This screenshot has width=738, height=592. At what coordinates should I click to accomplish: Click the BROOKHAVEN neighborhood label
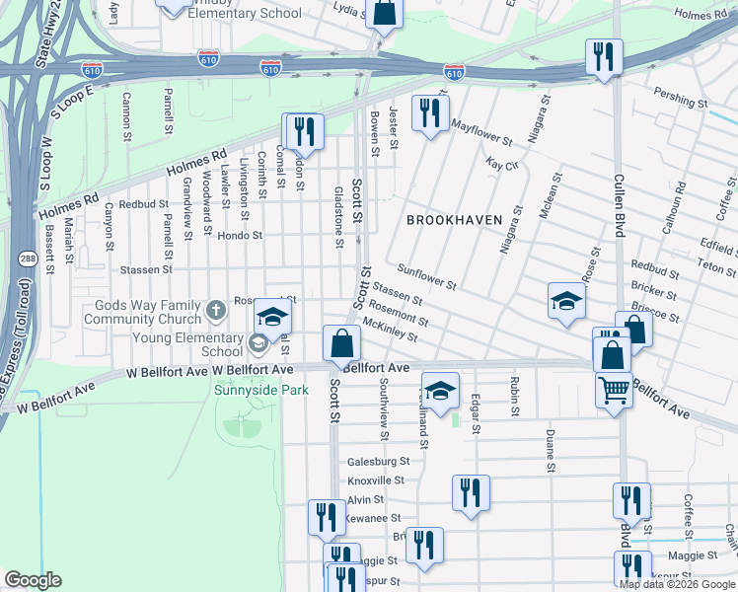click(455, 219)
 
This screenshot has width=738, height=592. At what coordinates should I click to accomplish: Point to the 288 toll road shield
click(26, 259)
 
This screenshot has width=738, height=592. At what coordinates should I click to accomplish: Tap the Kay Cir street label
click(502, 164)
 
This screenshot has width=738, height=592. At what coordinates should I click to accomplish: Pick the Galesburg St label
click(378, 461)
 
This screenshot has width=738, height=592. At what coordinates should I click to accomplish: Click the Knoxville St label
click(376, 480)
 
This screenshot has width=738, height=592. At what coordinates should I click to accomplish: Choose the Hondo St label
click(240, 236)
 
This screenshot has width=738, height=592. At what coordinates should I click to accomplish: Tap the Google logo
click(33, 580)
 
